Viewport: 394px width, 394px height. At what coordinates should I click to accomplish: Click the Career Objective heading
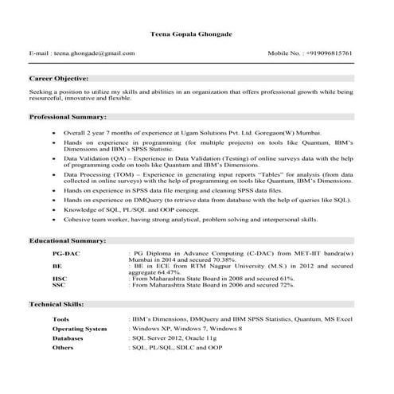click(59, 79)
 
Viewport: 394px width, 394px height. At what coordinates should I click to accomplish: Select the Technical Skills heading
click(60, 304)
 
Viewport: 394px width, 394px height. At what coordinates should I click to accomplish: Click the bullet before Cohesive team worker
click(53, 219)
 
